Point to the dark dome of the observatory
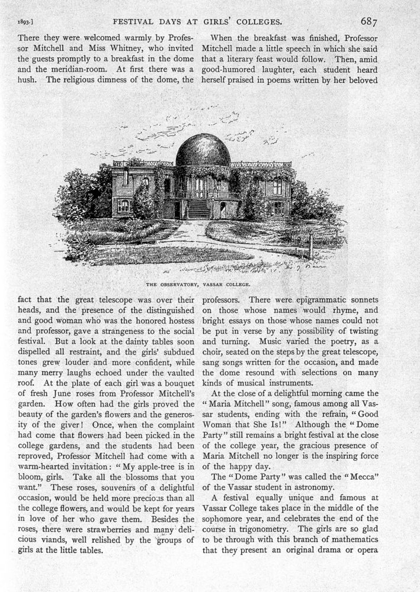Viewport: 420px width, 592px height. tap(203, 150)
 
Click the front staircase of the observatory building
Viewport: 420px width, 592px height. tap(199, 208)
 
